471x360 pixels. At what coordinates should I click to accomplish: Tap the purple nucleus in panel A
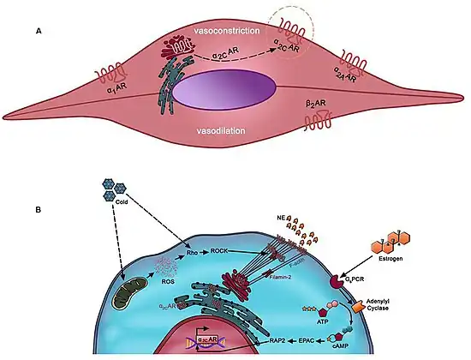coord(225,90)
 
